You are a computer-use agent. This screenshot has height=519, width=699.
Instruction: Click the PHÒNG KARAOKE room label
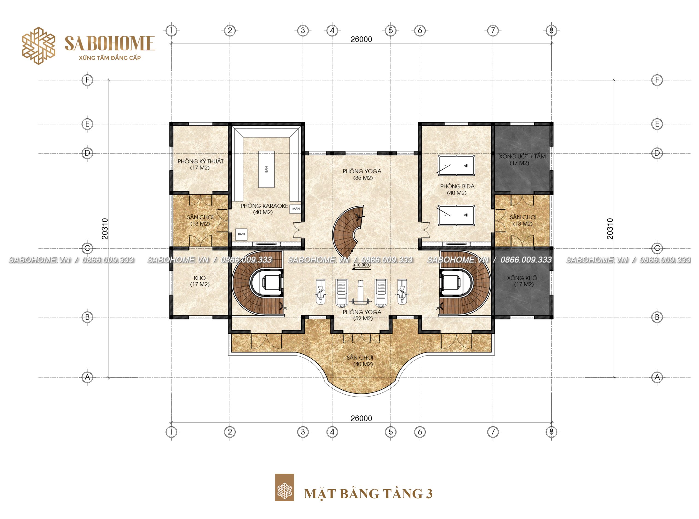tap(264, 209)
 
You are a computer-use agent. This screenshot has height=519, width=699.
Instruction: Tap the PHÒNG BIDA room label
tap(457, 189)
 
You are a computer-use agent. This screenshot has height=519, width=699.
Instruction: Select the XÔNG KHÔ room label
tap(522, 281)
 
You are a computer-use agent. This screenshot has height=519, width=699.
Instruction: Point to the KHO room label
tap(200, 281)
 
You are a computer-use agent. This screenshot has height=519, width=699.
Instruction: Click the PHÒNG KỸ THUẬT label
tap(200, 164)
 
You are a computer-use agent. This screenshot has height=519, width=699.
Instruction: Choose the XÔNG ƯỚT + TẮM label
tap(522, 160)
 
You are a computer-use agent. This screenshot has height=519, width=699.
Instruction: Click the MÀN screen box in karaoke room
tap(296, 209)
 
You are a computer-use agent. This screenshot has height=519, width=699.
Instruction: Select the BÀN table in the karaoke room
tap(266, 170)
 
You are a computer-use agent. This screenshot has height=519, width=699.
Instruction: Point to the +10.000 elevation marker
tap(362, 265)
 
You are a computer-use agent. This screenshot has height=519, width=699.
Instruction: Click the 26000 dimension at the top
tap(361, 39)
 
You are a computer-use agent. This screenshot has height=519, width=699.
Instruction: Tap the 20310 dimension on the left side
tap(105, 229)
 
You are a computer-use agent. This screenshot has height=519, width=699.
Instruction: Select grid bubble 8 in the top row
tap(551, 31)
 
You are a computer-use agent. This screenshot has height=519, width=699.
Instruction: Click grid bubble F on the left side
tap(87, 80)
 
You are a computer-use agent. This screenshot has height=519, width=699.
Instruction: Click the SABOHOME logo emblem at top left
tap(38, 46)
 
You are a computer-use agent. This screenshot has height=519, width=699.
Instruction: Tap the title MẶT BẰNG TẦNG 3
tap(368, 494)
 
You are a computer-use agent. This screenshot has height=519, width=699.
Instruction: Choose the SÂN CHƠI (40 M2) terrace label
tap(361, 361)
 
